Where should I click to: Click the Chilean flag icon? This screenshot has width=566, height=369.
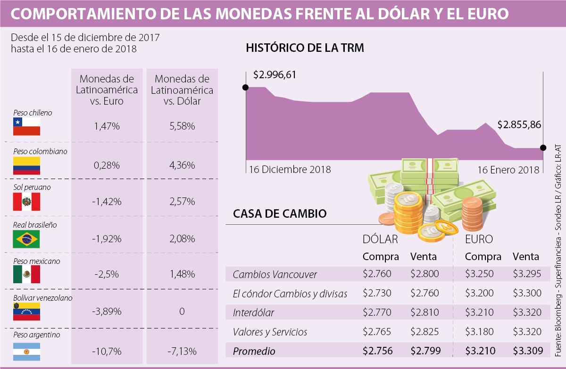coord(26,127)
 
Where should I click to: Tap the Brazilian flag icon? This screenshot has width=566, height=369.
coord(26,239)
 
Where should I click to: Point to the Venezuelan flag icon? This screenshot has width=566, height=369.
coord(26,312)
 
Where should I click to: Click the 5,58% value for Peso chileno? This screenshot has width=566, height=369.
coord(182,126)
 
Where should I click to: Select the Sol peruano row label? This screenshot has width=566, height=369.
coord(32,187)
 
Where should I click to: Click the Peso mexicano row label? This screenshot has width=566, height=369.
coord(36,261)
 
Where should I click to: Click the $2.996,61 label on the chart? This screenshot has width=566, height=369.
coord(275,75)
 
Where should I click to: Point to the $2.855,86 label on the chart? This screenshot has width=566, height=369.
coord(519,125)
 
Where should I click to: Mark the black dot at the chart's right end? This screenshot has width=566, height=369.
coord(543,148)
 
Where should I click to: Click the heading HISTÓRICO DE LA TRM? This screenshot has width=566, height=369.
coord(305,48)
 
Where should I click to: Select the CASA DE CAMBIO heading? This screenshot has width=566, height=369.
coord(280,213)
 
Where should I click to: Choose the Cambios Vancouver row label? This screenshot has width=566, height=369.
coord(275,274)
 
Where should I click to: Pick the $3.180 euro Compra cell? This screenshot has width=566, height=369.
coord(479,331)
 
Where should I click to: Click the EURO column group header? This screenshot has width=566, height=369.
coord(479,239)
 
